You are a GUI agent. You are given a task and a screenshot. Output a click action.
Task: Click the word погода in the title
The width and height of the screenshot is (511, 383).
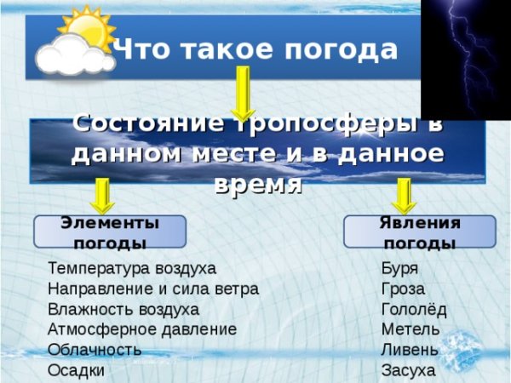point(348,50)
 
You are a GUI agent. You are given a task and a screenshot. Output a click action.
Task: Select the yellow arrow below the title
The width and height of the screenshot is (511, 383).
point(242,93)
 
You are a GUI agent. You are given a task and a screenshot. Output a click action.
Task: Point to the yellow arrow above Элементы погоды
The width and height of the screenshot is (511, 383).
point(103,195)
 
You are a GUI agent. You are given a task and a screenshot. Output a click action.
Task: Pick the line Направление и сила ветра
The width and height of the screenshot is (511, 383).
point(153,289)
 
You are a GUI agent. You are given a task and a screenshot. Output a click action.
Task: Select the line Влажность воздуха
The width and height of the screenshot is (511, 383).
point(123,309)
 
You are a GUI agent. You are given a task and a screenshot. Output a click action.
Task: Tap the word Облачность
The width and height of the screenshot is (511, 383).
point(95,350)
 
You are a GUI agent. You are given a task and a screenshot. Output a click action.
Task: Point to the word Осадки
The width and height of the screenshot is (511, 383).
point(77,370)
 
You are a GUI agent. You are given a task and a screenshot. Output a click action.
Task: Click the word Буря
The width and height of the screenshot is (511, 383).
point(399,268)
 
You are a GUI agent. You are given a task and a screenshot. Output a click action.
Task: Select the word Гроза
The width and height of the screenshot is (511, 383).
point(403,289)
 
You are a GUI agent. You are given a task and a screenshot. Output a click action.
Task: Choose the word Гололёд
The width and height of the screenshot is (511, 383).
point(414,309)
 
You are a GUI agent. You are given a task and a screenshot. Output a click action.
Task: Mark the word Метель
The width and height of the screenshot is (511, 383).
point(411,329)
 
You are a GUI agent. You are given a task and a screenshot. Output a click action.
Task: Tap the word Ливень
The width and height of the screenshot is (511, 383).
point(411,350)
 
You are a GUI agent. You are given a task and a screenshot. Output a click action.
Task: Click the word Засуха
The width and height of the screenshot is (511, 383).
point(409,370)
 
